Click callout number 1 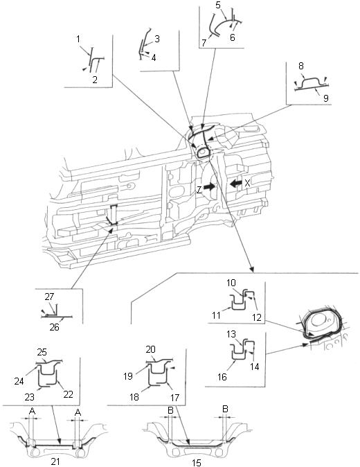coord(78,39)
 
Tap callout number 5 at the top coord(218,5)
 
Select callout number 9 coord(326,98)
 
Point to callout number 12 coord(256,317)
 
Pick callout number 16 coord(222,377)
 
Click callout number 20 coord(151,349)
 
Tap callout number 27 coord(49,297)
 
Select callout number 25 coord(42,352)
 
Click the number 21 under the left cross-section coord(55,461)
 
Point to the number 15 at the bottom coord(197,463)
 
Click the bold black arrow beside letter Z coord(210,187)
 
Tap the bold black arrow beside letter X coord(236,183)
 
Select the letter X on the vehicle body coord(247,183)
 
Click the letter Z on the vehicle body coord(199,190)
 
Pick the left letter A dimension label coord(32,412)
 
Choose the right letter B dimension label coord(225,409)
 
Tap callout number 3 coord(156,39)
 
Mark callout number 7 coord(204,43)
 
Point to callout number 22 coord(68,394)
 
